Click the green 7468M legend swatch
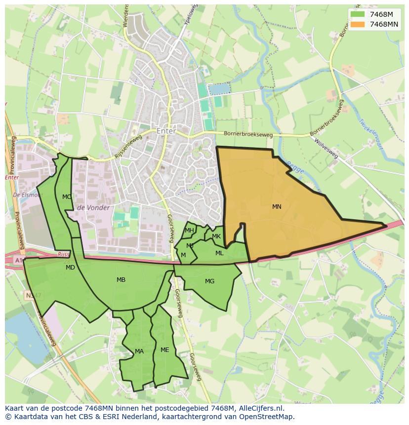coord(357,14)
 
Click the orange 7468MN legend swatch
coord(357,24)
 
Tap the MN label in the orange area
coord(277,207)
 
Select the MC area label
coord(67,197)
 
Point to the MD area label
coord(70,268)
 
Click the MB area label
coord(121,280)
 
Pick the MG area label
coord(209,281)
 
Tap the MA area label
coord(139,351)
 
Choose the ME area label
coord(164,350)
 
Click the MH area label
coord(189,231)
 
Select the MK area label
coord(216,236)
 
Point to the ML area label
coord(219,253)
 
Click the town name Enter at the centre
coord(165,131)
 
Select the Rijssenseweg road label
coord(128,147)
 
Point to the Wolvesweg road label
coord(326,148)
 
